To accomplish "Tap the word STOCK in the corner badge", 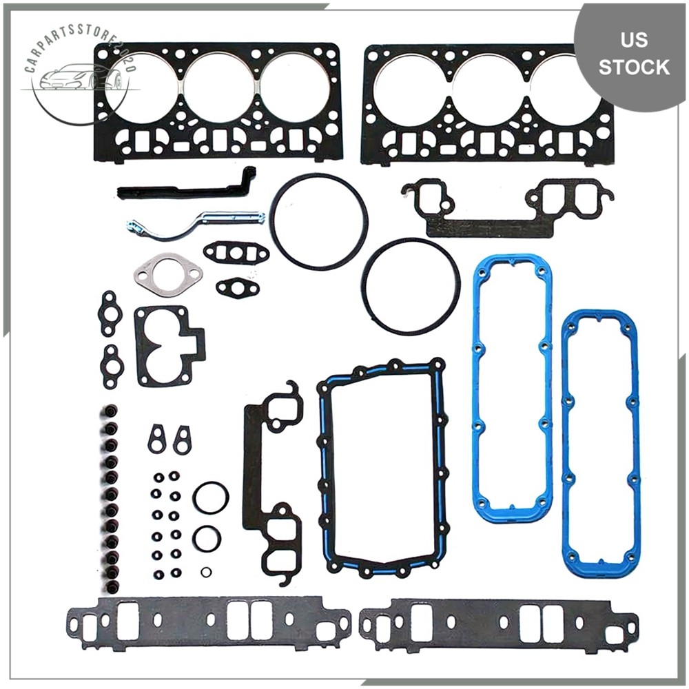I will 633,67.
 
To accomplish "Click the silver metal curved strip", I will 200,223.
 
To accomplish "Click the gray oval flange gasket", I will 168,275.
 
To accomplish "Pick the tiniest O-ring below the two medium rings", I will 206,572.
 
